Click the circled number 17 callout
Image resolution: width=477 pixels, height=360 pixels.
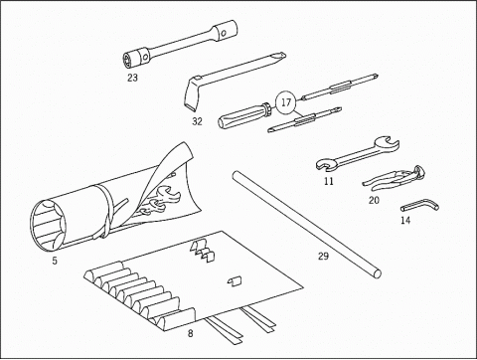pos(286,102)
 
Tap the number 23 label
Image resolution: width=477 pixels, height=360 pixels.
pos(132,78)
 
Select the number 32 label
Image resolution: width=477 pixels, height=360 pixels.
pos(197,121)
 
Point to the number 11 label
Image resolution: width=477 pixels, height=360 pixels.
pos(329,182)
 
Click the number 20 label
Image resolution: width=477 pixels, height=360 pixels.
pos(374,200)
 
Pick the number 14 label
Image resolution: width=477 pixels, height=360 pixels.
pos(405,220)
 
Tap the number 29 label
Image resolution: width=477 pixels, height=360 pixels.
pos(323,256)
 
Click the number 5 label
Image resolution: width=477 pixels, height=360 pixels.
pos(55,261)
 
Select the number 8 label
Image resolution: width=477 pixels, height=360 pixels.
pos(190,333)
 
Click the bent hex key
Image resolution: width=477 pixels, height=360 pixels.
pos(418,206)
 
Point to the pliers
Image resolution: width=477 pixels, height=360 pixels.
pos(395,179)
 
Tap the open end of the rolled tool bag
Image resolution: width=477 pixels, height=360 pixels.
pos(48,224)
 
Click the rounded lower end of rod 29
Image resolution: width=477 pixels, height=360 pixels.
pos(377,273)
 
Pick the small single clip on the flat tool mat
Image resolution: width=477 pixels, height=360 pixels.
pos(235,281)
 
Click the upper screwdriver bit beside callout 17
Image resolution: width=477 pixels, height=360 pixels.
pos(340,88)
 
